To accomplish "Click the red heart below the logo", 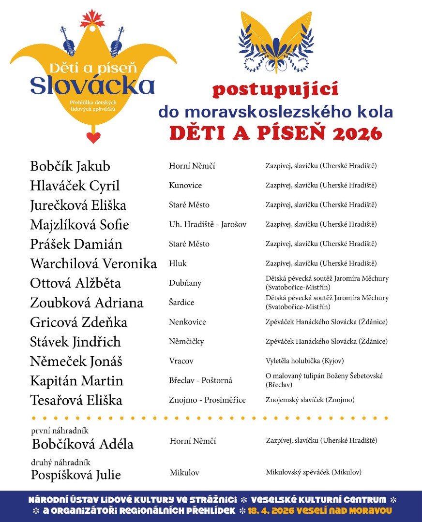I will [93, 137].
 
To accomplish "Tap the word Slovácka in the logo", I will [92, 86].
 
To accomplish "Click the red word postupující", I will [275, 90].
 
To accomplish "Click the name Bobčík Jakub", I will [70, 166].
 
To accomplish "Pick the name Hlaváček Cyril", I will [75, 186].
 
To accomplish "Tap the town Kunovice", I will [185, 186].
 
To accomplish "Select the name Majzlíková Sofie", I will [79, 225].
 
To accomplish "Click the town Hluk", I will [178, 263].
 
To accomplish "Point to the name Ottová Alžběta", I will [75, 283].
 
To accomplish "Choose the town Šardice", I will [181, 303].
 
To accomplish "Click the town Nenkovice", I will [187, 322].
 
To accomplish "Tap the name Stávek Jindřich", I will [75, 342].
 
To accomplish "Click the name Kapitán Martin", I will [76, 381].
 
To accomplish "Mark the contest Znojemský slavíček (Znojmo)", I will [310, 400].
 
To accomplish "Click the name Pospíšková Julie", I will [76, 475].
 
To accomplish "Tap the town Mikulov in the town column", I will [184, 473].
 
